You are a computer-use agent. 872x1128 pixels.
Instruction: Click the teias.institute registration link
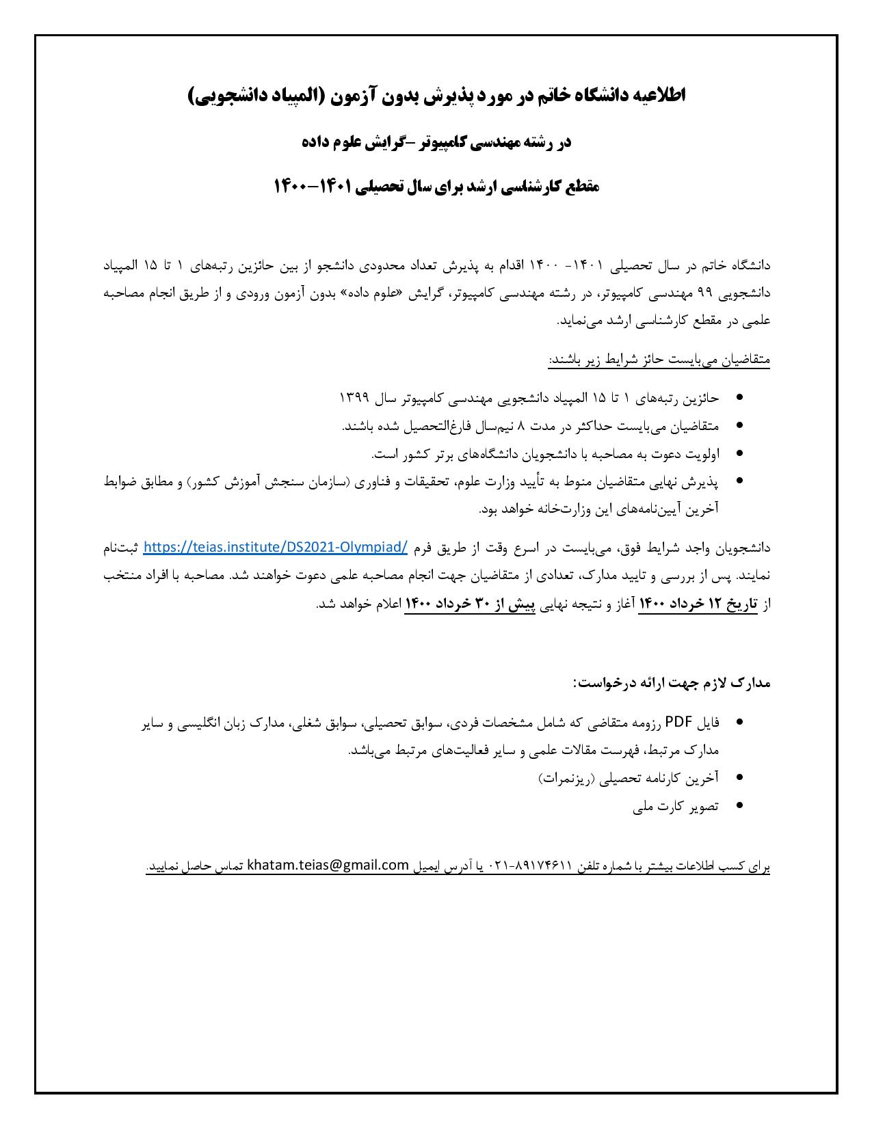coord(276,547)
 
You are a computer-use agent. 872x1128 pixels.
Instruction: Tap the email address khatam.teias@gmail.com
coord(328,865)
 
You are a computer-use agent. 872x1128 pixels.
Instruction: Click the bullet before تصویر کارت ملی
coord(740,806)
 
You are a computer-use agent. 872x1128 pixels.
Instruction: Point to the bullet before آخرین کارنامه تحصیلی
coord(740,778)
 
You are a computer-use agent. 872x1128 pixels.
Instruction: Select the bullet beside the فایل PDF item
coord(740,723)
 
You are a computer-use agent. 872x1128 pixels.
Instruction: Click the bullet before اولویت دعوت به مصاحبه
coord(740,453)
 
